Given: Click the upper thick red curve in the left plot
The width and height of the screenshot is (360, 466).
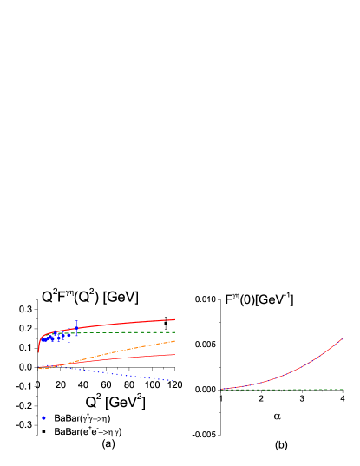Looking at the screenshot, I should (130, 323).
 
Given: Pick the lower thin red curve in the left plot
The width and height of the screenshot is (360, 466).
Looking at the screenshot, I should (130, 357).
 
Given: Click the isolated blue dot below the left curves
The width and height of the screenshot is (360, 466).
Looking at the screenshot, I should (44, 417).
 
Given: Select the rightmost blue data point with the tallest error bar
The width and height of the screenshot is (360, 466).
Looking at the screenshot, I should (76, 329).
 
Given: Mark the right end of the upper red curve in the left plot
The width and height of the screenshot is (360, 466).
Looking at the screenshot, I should (174, 319).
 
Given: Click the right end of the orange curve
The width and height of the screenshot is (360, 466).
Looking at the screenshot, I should (174, 341).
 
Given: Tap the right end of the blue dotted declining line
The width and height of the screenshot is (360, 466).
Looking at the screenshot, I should (174, 381).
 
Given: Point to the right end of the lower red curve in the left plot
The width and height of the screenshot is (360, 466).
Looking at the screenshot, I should (174, 354).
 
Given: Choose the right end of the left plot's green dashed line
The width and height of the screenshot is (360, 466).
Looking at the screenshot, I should (174, 332).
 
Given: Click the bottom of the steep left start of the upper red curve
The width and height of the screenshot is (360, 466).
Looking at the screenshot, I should (39, 351).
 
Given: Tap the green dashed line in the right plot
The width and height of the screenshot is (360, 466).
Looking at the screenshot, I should (286, 389).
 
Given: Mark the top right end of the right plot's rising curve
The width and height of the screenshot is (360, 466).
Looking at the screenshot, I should (343, 338).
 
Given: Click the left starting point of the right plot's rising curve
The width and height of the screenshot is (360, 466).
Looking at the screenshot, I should (222, 389).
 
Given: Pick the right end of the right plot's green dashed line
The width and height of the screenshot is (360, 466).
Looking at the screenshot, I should (343, 389).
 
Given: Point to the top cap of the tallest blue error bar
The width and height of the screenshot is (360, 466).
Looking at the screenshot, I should (76, 321).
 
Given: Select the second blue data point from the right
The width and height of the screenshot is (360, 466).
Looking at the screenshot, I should (69, 334).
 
